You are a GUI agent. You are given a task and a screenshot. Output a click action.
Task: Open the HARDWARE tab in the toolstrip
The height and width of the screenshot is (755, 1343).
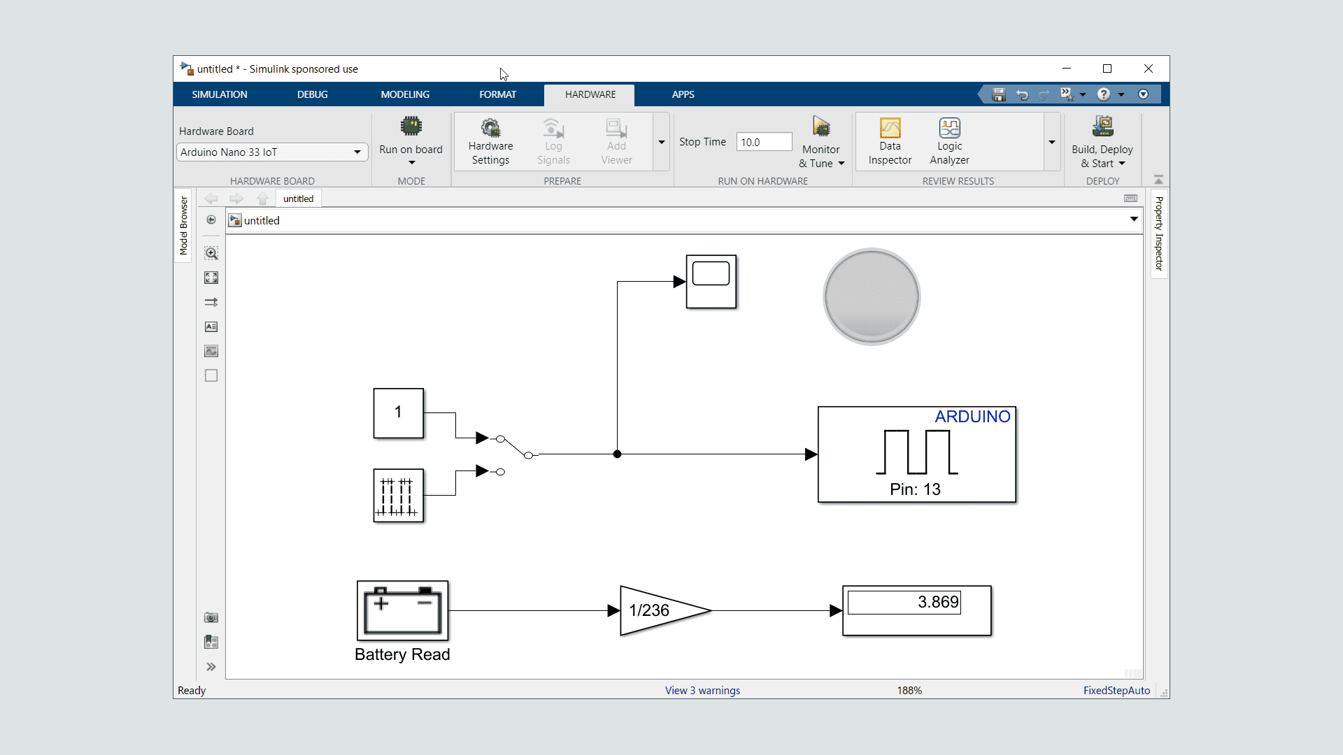pos(590,94)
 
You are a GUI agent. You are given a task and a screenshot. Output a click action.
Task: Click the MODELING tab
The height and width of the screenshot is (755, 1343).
pos(405,94)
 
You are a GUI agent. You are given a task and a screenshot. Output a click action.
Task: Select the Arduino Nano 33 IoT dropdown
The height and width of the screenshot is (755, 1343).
pos(272,152)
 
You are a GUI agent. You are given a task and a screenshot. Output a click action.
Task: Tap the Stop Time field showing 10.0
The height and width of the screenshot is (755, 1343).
pos(764,142)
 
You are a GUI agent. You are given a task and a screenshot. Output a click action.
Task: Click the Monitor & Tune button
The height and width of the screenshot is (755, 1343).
pos(821,143)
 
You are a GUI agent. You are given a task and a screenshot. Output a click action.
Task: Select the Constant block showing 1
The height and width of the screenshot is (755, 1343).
pos(398,412)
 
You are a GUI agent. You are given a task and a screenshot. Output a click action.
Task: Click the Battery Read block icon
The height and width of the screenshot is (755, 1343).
pos(402,610)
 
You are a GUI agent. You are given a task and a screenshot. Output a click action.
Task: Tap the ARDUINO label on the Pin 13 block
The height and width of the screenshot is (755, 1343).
pos(972,417)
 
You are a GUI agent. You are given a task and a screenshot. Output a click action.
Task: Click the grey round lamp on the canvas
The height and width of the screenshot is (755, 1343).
pos(872,296)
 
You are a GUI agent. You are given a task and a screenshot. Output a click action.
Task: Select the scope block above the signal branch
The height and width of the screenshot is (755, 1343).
pos(711,282)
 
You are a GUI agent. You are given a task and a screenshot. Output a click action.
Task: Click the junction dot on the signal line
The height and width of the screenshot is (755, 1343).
pos(617,454)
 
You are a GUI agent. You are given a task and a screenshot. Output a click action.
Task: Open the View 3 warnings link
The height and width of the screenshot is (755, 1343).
pos(702,691)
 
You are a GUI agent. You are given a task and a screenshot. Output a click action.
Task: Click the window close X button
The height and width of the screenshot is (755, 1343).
pos(1149,69)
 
